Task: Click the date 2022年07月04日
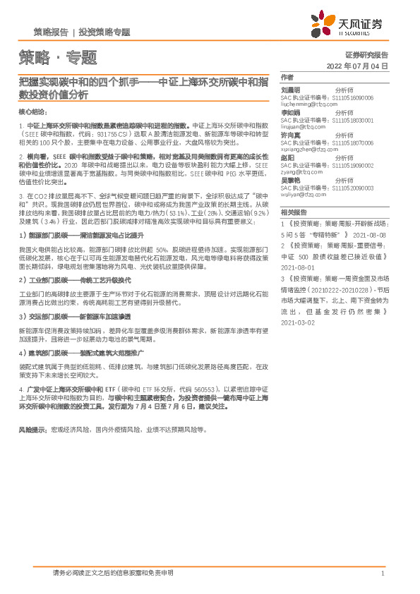358,66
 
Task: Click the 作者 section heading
287,77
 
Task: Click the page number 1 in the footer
382,574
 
